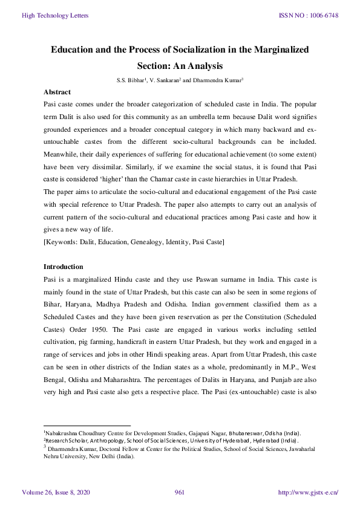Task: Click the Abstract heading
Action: (57, 92)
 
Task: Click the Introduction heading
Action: (64, 267)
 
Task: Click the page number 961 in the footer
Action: (179, 493)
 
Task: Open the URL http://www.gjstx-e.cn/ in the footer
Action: (307, 493)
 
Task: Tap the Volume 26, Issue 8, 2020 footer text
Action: (56, 493)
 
